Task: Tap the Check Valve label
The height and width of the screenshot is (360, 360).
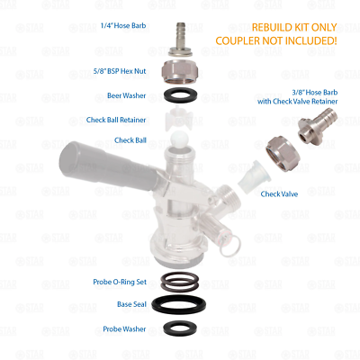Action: coord(280,193)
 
